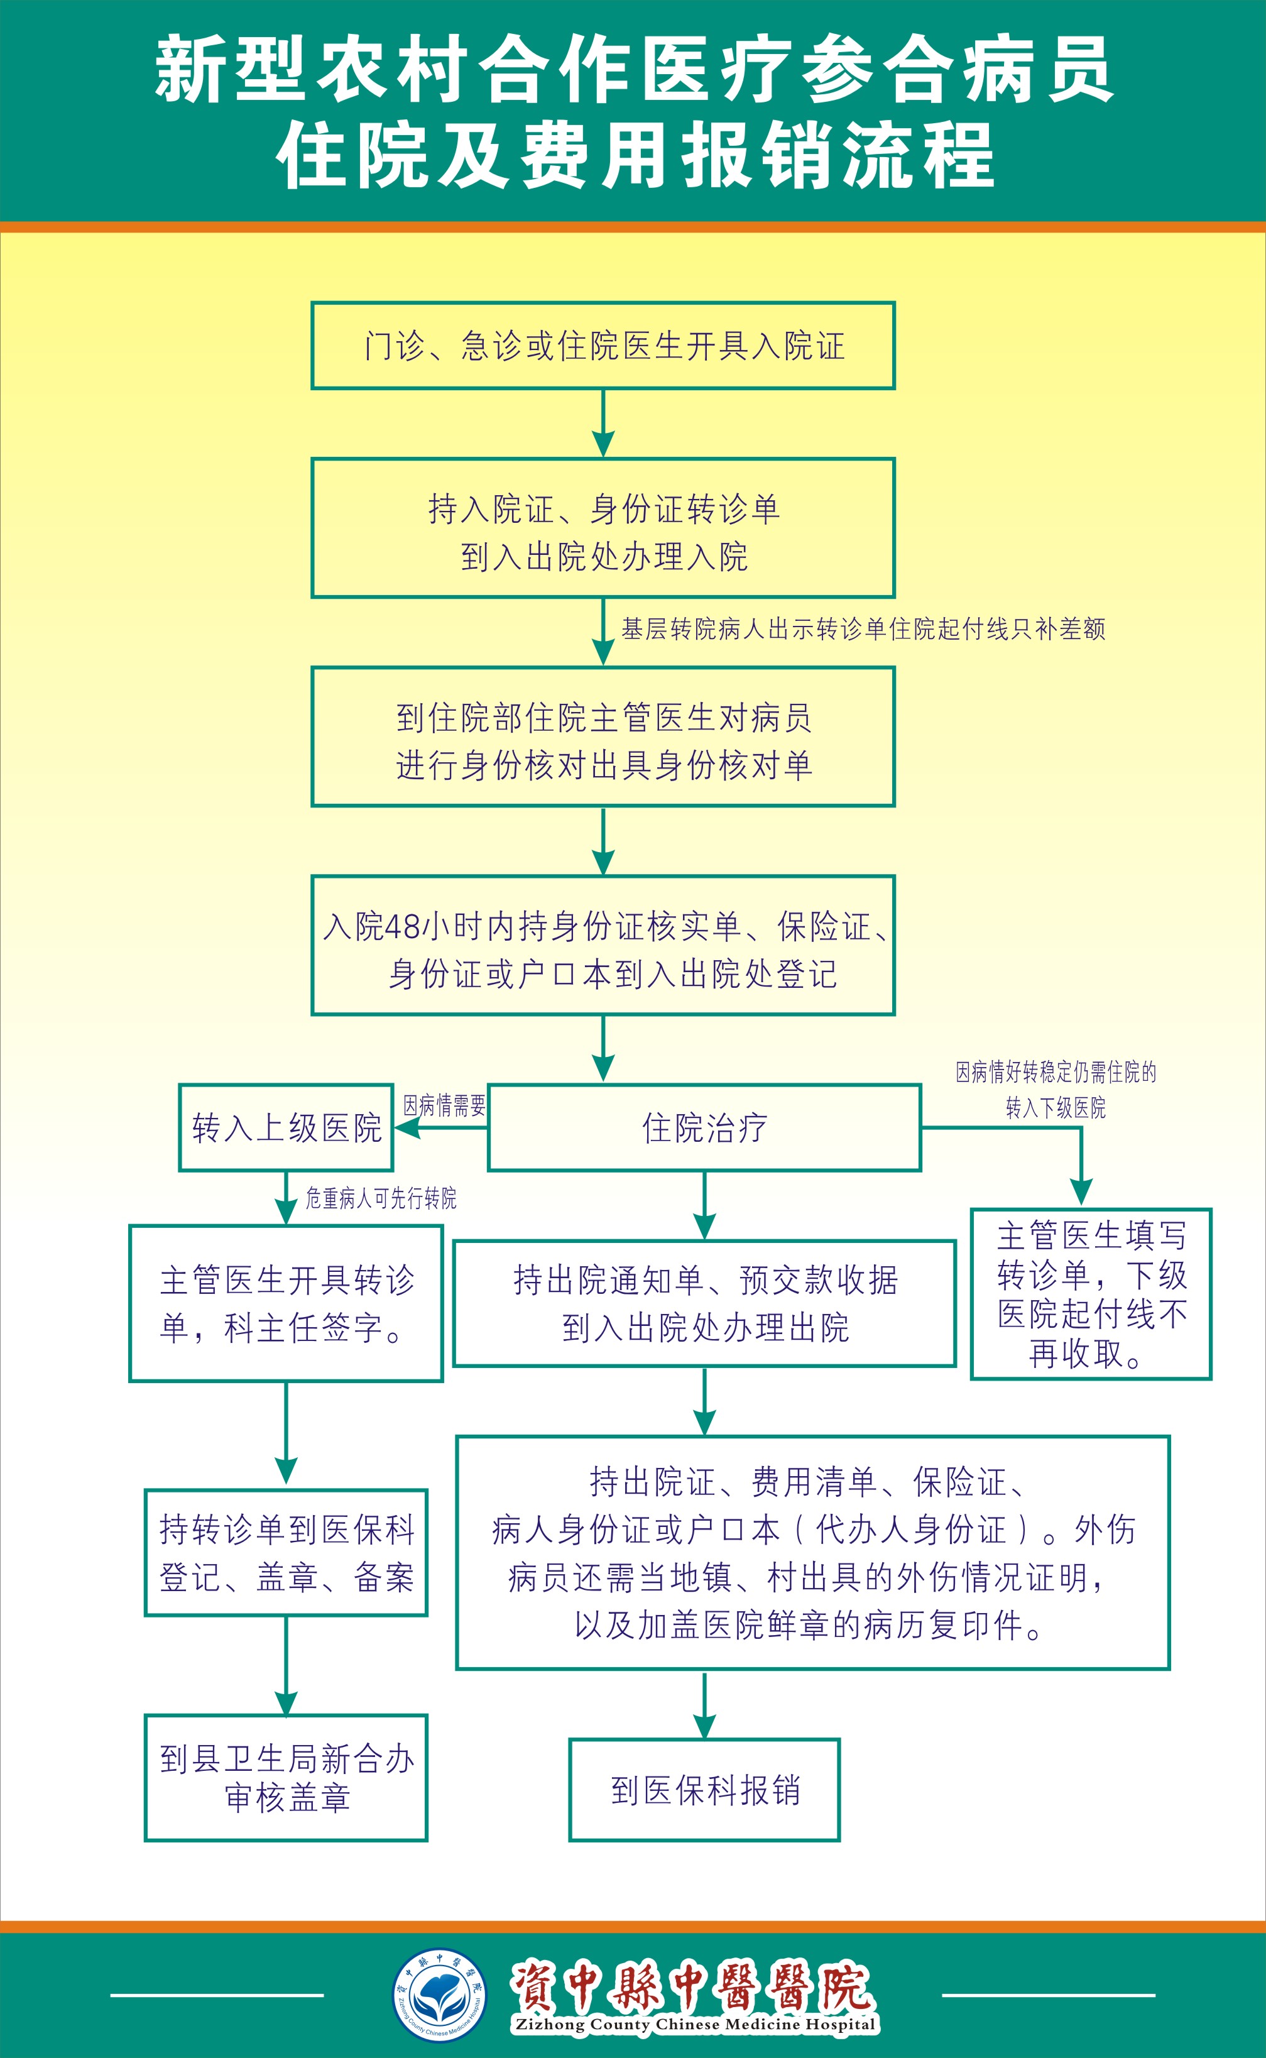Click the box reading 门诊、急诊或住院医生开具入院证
pyautogui.click(x=603, y=346)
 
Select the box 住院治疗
pyautogui.click(x=704, y=1128)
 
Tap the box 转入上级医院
pyautogui.click(x=286, y=1128)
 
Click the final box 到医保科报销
pyautogui.click(x=704, y=1790)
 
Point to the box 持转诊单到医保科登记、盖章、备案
pyautogui.click(x=286, y=1553)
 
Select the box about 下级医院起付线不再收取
pyautogui.click(x=1091, y=1294)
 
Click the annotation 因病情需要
pyautogui.click(x=445, y=1106)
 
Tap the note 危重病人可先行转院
pyautogui.click(x=381, y=1198)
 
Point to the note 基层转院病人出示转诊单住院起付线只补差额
pyautogui.click(x=863, y=629)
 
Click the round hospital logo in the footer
pyautogui.click(x=440, y=1995)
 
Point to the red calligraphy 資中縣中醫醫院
pyautogui.click(x=692, y=1987)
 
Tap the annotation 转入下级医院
pyautogui.click(x=1055, y=1108)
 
